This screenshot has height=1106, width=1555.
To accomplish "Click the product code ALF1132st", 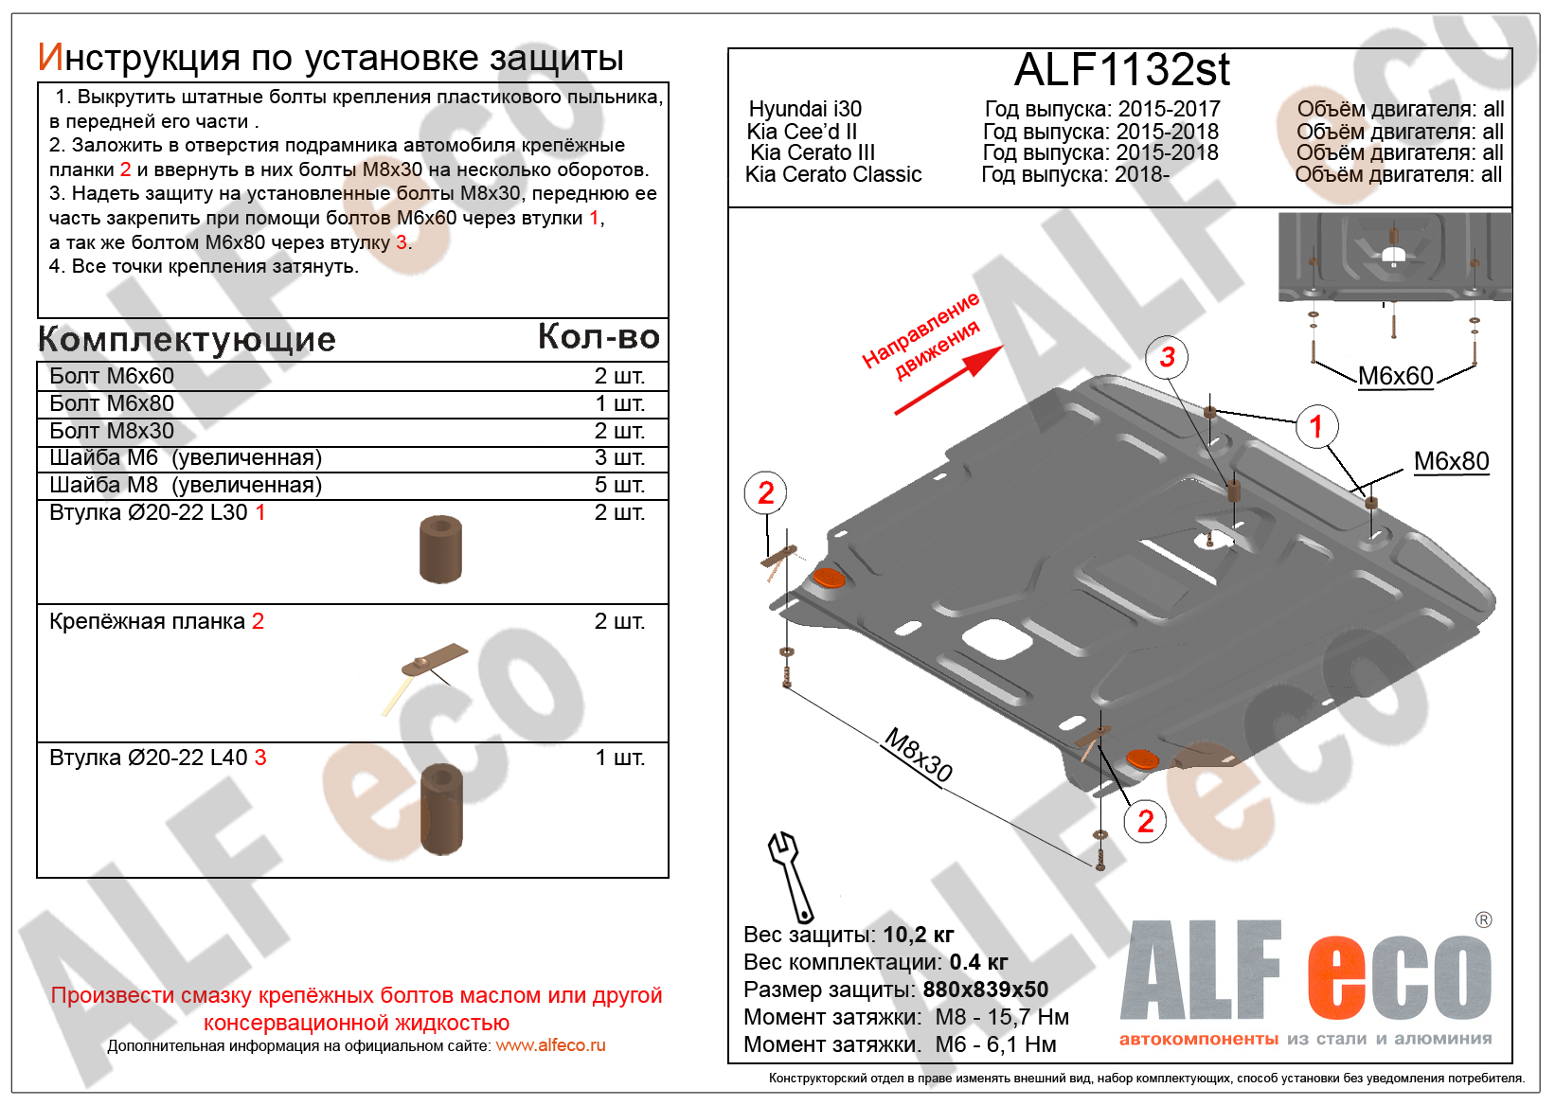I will (1121, 70).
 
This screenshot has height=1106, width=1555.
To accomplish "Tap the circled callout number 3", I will (1167, 357).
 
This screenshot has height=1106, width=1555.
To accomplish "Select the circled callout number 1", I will (1316, 426).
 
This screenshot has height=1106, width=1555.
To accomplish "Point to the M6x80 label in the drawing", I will (1451, 461).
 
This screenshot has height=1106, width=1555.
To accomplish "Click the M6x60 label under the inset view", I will (1395, 376).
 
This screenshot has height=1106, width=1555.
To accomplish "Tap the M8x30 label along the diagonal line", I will (918, 755).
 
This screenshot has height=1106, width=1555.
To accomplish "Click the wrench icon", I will (791, 876).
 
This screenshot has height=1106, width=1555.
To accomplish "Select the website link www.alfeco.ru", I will (550, 1046).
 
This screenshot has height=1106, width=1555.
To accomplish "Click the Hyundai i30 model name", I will (805, 110).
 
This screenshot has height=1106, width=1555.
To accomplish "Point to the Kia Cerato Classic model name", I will (833, 175).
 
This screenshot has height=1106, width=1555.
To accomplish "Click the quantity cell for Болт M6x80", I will (619, 403).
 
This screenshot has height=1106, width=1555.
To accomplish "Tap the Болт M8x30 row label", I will (112, 431).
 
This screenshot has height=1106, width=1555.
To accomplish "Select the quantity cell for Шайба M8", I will (619, 485).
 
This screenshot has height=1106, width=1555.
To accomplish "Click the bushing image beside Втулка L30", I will (440, 549).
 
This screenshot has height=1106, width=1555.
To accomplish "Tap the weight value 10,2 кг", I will (918, 935).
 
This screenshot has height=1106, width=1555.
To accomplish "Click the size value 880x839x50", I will (985, 990).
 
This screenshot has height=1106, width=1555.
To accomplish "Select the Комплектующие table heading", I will (187, 339).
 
